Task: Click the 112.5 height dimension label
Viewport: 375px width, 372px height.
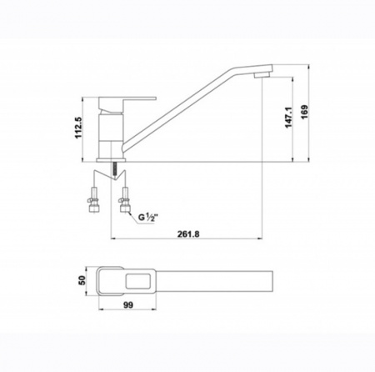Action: (78, 128)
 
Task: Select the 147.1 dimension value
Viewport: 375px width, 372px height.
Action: (288, 118)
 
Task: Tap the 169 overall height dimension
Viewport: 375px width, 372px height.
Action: (305, 112)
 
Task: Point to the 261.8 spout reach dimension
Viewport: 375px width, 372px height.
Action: (188, 234)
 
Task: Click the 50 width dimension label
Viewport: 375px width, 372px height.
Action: (82, 280)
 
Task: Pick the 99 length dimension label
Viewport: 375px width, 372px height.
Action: (128, 305)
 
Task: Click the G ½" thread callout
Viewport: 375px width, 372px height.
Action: (147, 217)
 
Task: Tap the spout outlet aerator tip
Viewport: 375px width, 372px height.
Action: (262, 74)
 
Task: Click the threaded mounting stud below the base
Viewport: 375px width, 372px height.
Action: (114, 169)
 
